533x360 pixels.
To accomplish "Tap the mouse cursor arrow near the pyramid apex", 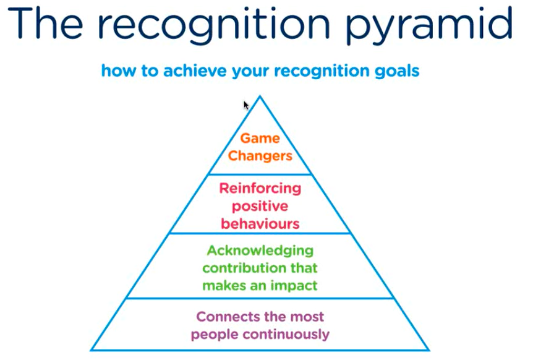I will (x=245, y=105).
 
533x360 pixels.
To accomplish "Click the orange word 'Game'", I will (x=260, y=139).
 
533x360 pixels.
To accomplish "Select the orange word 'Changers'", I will (x=260, y=156).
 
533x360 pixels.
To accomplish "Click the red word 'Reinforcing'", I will (x=260, y=188).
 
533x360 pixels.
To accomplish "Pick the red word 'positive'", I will (x=260, y=206).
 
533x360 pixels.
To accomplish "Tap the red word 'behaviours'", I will (x=260, y=223).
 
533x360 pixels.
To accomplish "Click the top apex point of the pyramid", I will (x=260, y=96).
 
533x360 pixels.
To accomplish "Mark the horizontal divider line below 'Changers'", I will (x=260, y=174).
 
